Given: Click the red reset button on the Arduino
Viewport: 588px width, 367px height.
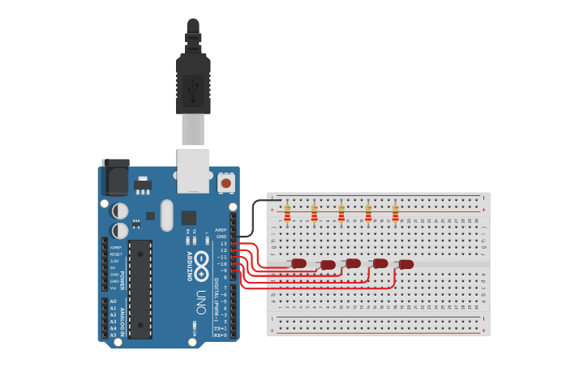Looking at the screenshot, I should pos(226,184).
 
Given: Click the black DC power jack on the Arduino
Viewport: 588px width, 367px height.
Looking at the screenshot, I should pos(114,177).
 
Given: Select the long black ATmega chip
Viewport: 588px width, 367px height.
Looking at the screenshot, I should pos(139,288).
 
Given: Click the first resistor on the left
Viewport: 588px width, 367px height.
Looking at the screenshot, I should pos(287,213).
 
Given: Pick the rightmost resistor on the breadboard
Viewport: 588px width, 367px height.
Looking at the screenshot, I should pos(395,213).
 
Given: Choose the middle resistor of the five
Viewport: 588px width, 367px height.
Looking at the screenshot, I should pos(341,213).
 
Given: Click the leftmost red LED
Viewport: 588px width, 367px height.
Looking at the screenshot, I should pos(298,263).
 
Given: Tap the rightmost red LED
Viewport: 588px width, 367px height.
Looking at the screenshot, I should pos(406,264).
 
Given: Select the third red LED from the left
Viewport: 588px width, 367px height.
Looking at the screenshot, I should pos(353,263).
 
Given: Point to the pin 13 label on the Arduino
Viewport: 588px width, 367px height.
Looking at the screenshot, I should pos(223,243).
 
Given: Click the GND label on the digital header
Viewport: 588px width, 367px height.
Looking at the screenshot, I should pos(221,236).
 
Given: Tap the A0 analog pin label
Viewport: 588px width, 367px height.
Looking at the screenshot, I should pos(113,301).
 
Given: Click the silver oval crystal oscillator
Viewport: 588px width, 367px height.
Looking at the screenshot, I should pos(167,215).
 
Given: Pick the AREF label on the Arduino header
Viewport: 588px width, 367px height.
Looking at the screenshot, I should pos(221,229).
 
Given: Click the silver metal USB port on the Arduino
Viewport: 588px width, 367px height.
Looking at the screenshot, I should pos(193,170).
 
